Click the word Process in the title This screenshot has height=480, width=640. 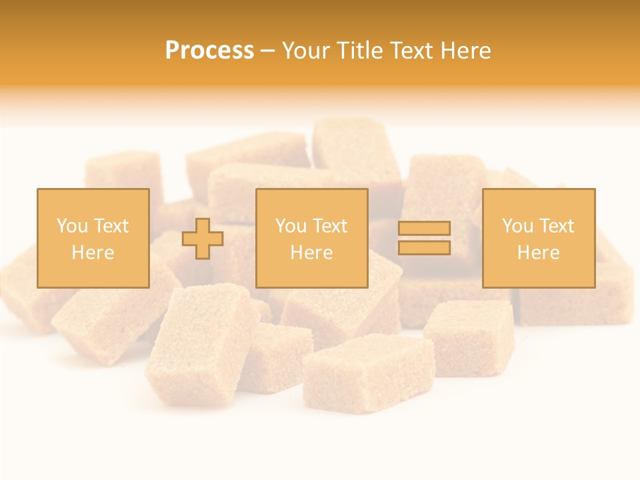point(209,50)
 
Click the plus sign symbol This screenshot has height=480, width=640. point(203,239)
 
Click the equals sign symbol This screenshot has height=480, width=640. point(424,238)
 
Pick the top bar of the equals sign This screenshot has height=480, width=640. point(424,229)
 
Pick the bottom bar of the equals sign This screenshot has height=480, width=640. point(424,247)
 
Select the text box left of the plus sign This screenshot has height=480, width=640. point(93,238)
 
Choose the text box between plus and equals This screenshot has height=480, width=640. point(311,238)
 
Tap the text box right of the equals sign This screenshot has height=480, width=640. point(538,238)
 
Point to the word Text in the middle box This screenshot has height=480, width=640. point(329,226)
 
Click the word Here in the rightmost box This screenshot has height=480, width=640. point(538,253)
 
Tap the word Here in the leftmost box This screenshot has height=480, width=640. point(93,253)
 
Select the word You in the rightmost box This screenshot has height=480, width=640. point(517,226)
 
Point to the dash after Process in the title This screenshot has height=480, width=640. point(267,51)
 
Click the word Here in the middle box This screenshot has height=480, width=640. point(311,253)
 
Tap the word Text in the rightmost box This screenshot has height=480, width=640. point(556,226)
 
